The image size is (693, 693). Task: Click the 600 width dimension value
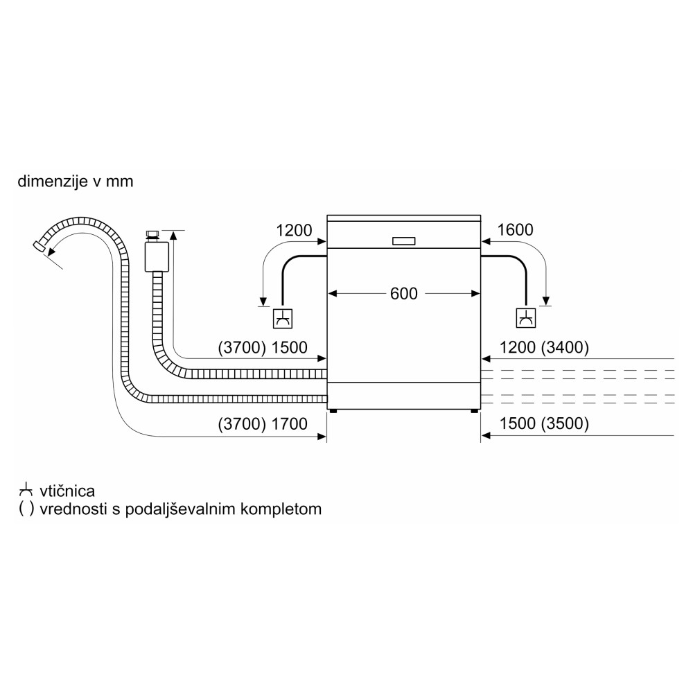tap(403, 294)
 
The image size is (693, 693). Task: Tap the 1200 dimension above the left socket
tap(295, 230)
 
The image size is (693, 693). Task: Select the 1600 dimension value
tap(514, 230)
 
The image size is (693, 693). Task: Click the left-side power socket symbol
tap(282, 319)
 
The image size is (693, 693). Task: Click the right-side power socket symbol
tap(526, 319)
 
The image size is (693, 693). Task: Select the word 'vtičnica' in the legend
tap(67, 491)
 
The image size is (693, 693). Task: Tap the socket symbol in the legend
tap(26, 491)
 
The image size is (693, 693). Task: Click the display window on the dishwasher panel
tap(403, 241)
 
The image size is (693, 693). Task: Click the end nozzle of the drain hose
tap(40, 245)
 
